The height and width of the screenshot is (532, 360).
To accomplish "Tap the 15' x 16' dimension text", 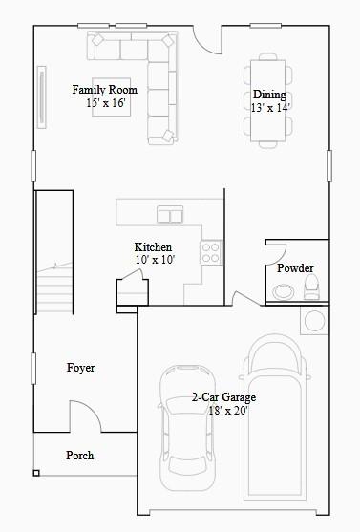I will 105,102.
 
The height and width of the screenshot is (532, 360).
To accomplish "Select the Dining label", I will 269,95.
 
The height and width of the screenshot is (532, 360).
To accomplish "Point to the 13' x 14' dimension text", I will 269,108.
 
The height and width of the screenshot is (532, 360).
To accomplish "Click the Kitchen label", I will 153,247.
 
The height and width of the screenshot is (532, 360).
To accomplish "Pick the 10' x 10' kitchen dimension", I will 153,260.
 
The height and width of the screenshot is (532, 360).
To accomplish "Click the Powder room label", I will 295,268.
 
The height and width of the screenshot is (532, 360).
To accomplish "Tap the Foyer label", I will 80,368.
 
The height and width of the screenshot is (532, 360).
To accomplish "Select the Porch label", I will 80,456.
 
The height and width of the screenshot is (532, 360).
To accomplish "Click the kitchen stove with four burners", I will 211,251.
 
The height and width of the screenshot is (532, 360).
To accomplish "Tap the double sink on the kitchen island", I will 170,215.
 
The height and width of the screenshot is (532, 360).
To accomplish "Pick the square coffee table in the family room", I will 111,96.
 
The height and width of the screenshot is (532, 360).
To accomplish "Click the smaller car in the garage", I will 191,425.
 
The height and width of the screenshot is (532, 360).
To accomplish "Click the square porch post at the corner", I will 36,472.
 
